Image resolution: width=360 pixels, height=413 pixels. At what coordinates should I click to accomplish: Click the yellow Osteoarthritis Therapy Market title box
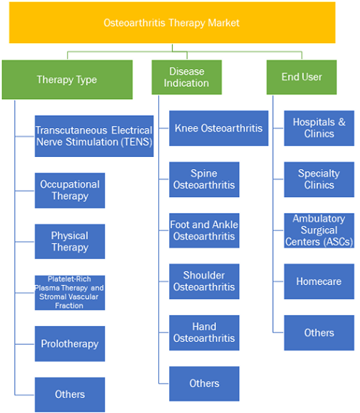tap(172, 22)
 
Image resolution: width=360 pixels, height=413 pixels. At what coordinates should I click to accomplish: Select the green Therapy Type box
tap(67, 80)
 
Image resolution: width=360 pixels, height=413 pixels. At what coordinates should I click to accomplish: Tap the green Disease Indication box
tap(186, 77)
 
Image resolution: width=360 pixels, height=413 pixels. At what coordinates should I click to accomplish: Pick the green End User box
tap(302, 77)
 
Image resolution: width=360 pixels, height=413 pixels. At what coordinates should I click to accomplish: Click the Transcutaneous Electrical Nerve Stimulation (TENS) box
tap(94, 136)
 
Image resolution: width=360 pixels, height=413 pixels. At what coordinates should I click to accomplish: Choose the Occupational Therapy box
tap(70, 191)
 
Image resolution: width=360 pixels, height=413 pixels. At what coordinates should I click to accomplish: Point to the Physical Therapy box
tap(70, 242)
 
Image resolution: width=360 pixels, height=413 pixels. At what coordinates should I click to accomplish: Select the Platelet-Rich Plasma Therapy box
tap(70, 293)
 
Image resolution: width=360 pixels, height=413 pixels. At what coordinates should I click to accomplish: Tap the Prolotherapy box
tap(70, 344)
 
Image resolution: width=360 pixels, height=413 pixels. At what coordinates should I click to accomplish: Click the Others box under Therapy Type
tap(70, 394)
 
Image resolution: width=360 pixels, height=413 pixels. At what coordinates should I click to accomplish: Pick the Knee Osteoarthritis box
tap(219, 128)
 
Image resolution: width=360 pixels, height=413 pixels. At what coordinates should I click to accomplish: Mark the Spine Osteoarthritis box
tap(204, 179)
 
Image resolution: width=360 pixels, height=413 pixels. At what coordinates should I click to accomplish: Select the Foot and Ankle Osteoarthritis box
tap(204, 230)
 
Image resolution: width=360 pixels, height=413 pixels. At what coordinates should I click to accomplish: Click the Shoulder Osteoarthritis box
tap(204, 281)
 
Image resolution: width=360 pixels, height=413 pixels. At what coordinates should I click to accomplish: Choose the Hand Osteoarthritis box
tap(204, 332)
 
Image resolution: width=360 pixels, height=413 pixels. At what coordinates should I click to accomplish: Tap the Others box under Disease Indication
tap(204, 383)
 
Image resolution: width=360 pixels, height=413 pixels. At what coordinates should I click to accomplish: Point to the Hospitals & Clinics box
tap(319, 128)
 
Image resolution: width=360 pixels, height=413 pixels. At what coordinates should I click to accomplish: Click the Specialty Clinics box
tap(319, 179)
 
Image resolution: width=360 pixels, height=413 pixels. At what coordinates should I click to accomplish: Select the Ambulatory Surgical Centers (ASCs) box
tap(319, 230)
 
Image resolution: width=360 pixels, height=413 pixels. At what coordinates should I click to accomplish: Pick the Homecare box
tap(319, 281)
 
